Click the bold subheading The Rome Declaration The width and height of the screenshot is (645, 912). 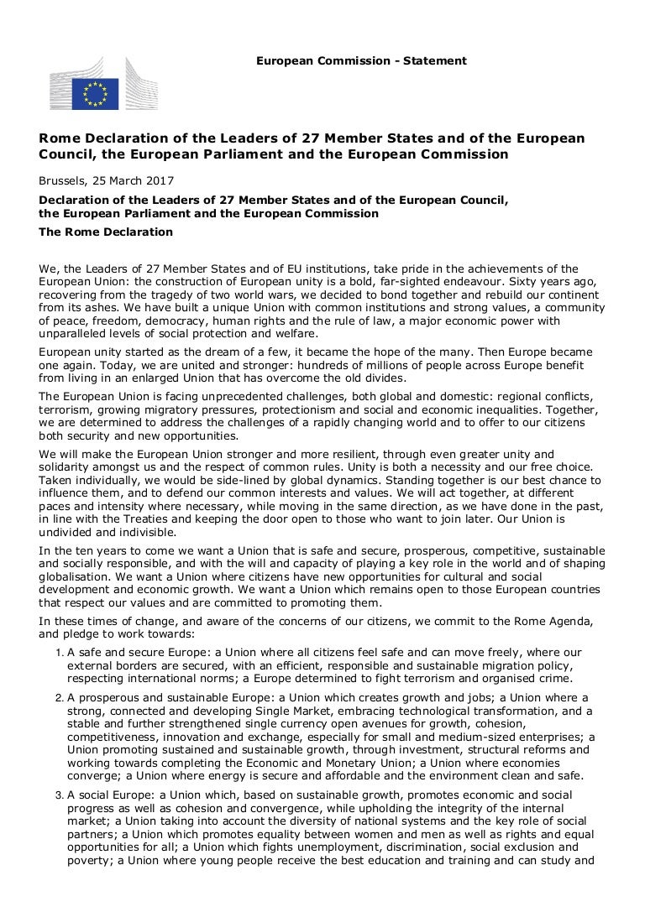106,232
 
